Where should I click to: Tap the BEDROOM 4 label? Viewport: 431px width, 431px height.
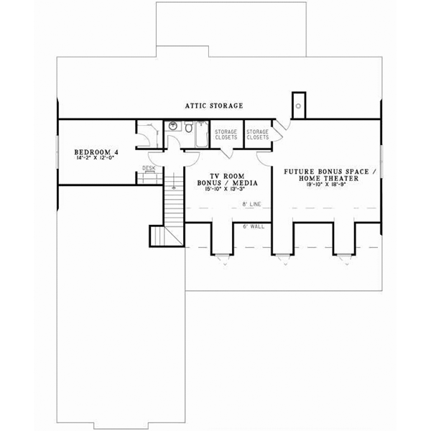(x=96, y=152)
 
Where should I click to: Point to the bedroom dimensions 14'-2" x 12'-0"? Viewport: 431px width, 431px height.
(x=96, y=159)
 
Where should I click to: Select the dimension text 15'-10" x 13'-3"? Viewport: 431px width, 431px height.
(x=223, y=189)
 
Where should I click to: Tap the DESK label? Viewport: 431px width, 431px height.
(x=149, y=168)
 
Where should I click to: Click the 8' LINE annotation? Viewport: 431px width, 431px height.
(x=251, y=206)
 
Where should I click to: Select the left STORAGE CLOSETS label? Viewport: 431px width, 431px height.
(x=227, y=134)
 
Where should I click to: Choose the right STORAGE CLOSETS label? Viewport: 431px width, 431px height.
(x=258, y=134)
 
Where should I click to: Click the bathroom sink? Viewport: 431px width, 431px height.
(x=173, y=127)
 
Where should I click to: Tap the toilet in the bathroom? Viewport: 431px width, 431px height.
(x=187, y=129)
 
